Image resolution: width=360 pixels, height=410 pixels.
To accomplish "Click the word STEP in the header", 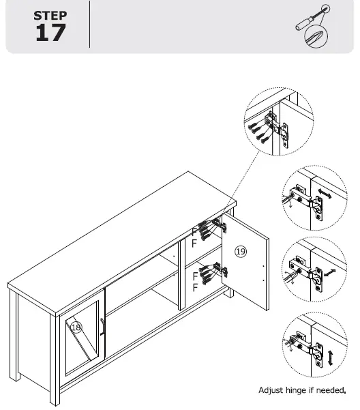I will point(50,14).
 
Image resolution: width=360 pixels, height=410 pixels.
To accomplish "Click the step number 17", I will point(50,32).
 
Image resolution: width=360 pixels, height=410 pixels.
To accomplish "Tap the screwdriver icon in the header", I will point(312,27).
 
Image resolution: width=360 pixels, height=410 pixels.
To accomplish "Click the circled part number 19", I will point(240,252).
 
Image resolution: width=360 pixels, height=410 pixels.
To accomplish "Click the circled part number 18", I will point(76,327).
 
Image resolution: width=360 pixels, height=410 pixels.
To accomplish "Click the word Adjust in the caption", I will point(271,391).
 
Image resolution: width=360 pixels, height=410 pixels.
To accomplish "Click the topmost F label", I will point(194,233).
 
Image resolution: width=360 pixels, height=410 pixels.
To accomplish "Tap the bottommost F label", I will point(195,288).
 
